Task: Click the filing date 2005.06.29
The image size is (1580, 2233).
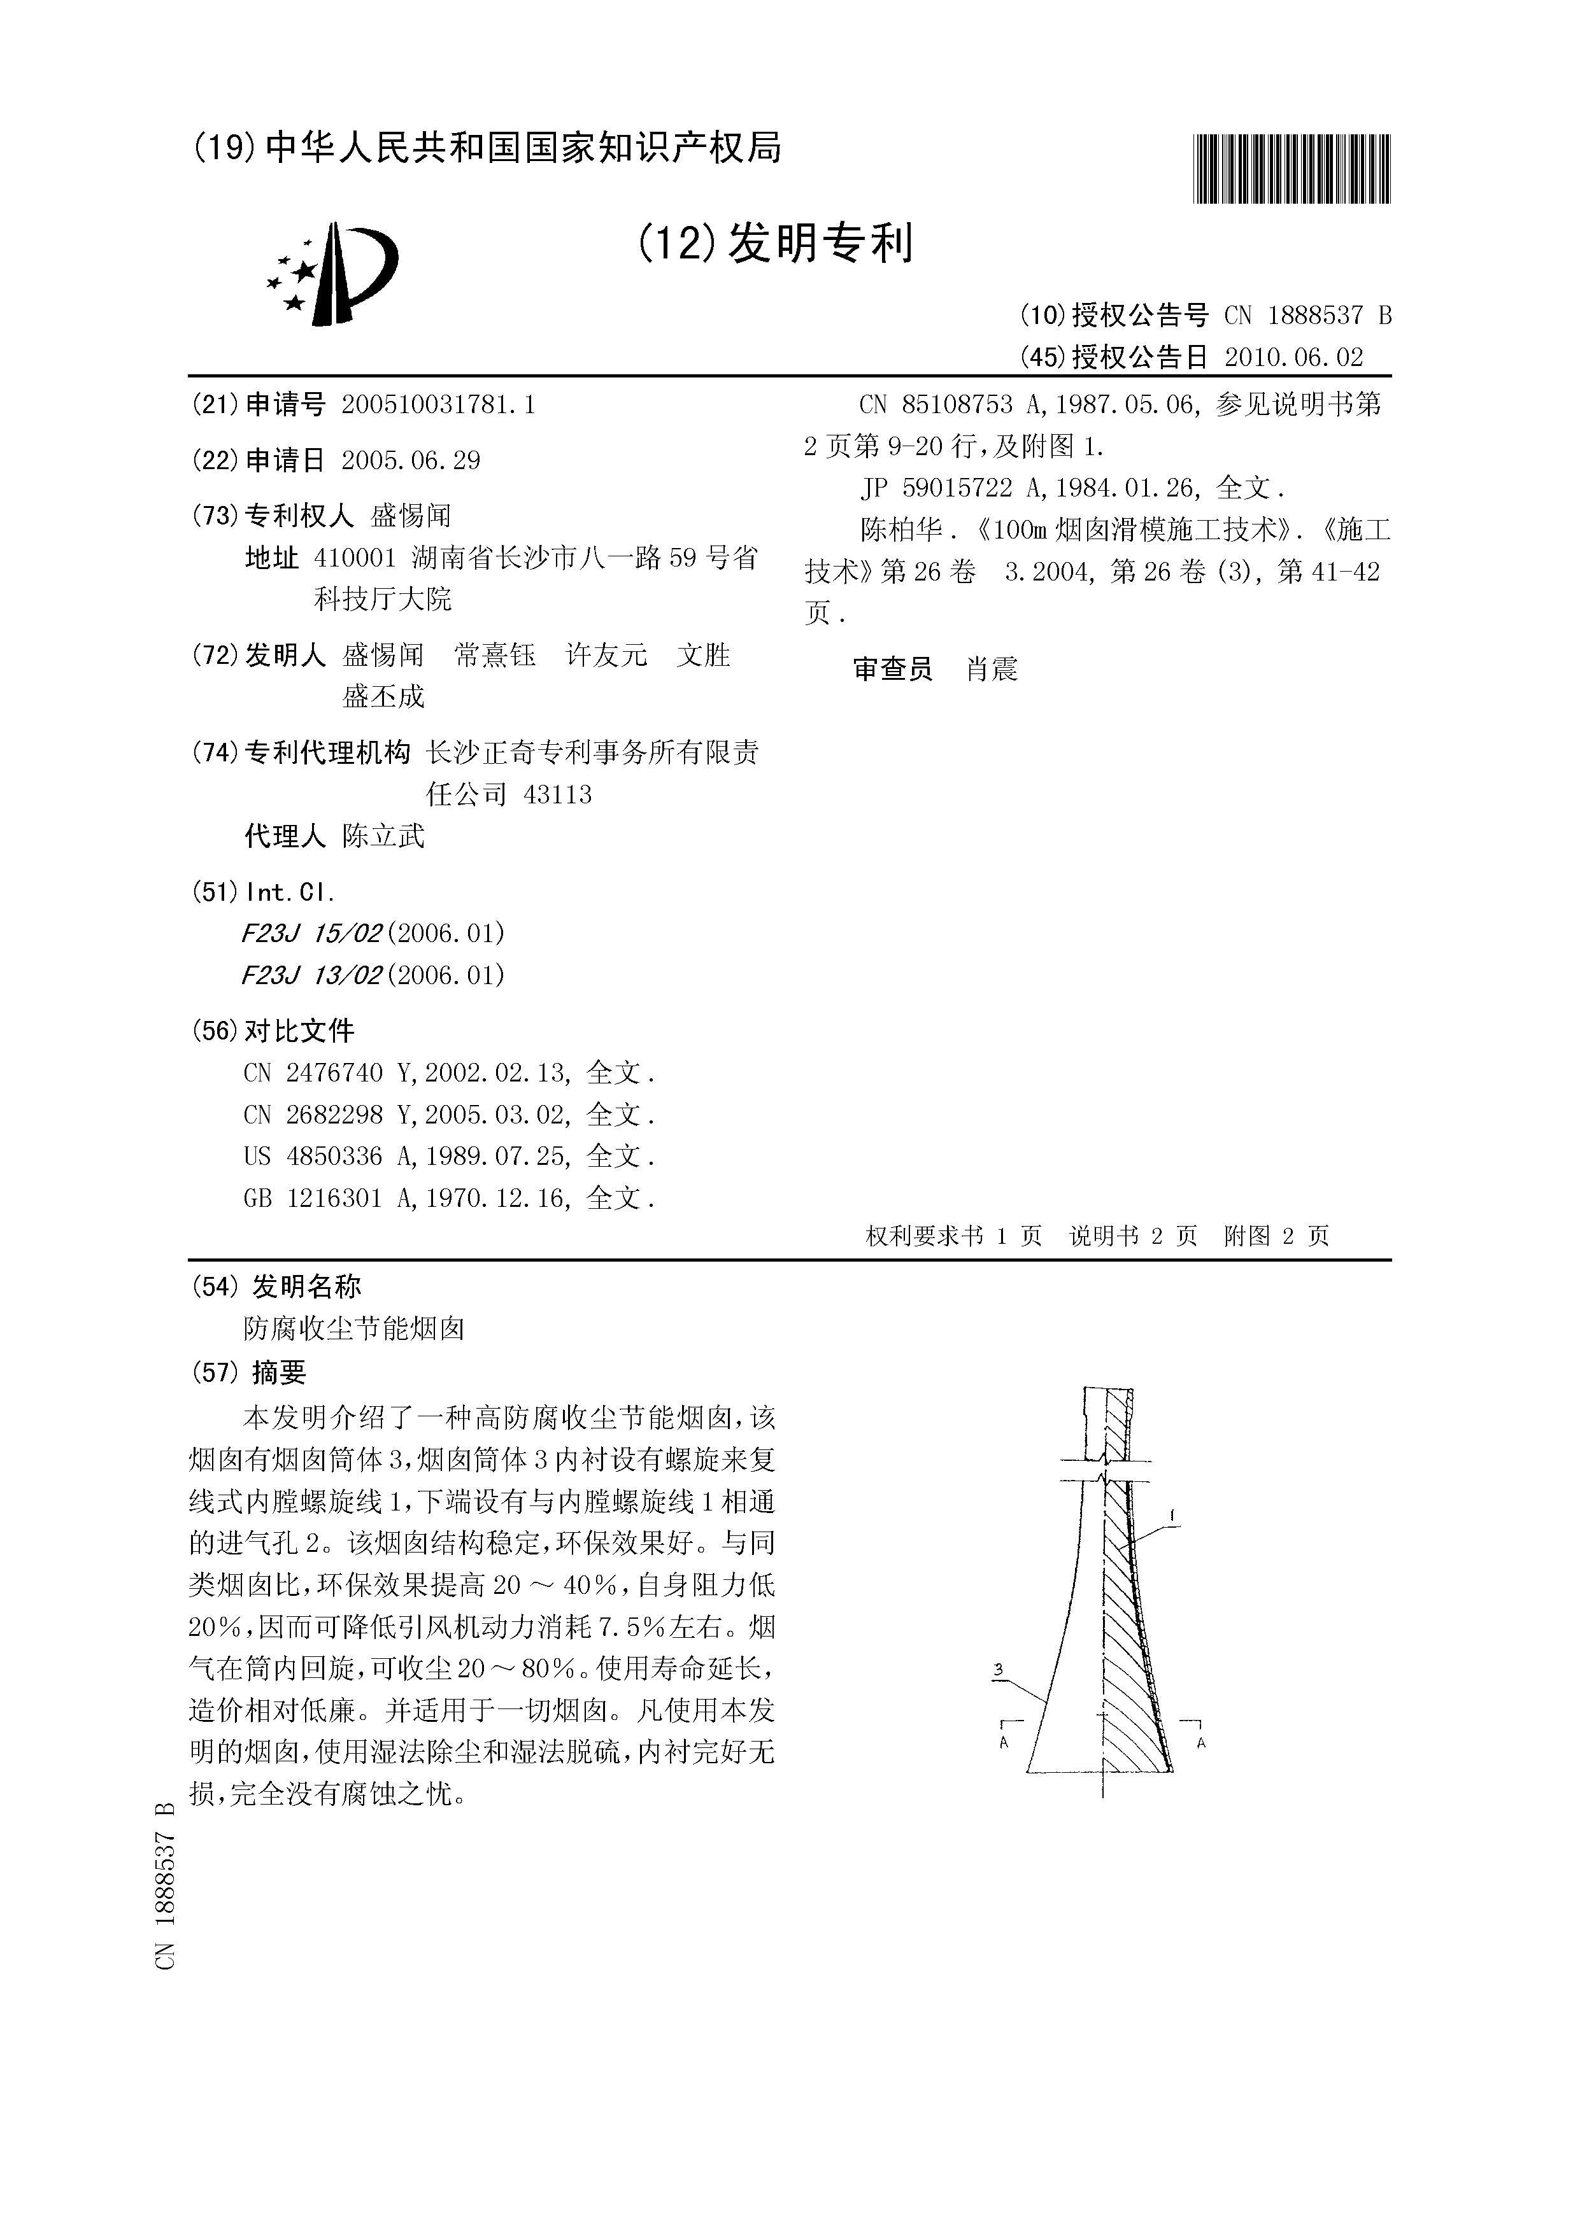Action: (411, 460)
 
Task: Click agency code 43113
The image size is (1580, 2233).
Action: (557, 794)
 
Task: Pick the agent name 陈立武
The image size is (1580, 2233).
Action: (383, 836)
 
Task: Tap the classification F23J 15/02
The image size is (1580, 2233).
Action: (311, 934)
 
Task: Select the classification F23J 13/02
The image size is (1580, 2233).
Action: (311, 975)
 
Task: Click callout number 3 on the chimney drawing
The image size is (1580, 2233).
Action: (998, 1670)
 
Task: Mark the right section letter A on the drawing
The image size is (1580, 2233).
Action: (1202, 1743)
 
